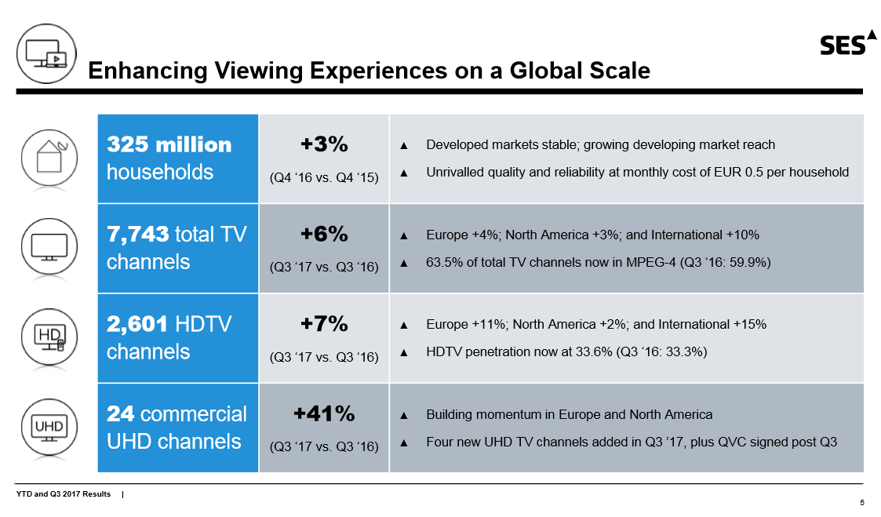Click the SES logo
848,44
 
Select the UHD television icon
49,428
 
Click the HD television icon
49,338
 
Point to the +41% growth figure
324,413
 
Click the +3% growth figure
324,144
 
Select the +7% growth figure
324,323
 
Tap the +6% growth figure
324,234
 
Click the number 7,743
138,234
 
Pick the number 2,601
138,324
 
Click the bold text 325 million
169,145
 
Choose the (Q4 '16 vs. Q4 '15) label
324,177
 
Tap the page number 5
862,503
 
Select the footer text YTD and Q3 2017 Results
64,493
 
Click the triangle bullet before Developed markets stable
404,145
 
